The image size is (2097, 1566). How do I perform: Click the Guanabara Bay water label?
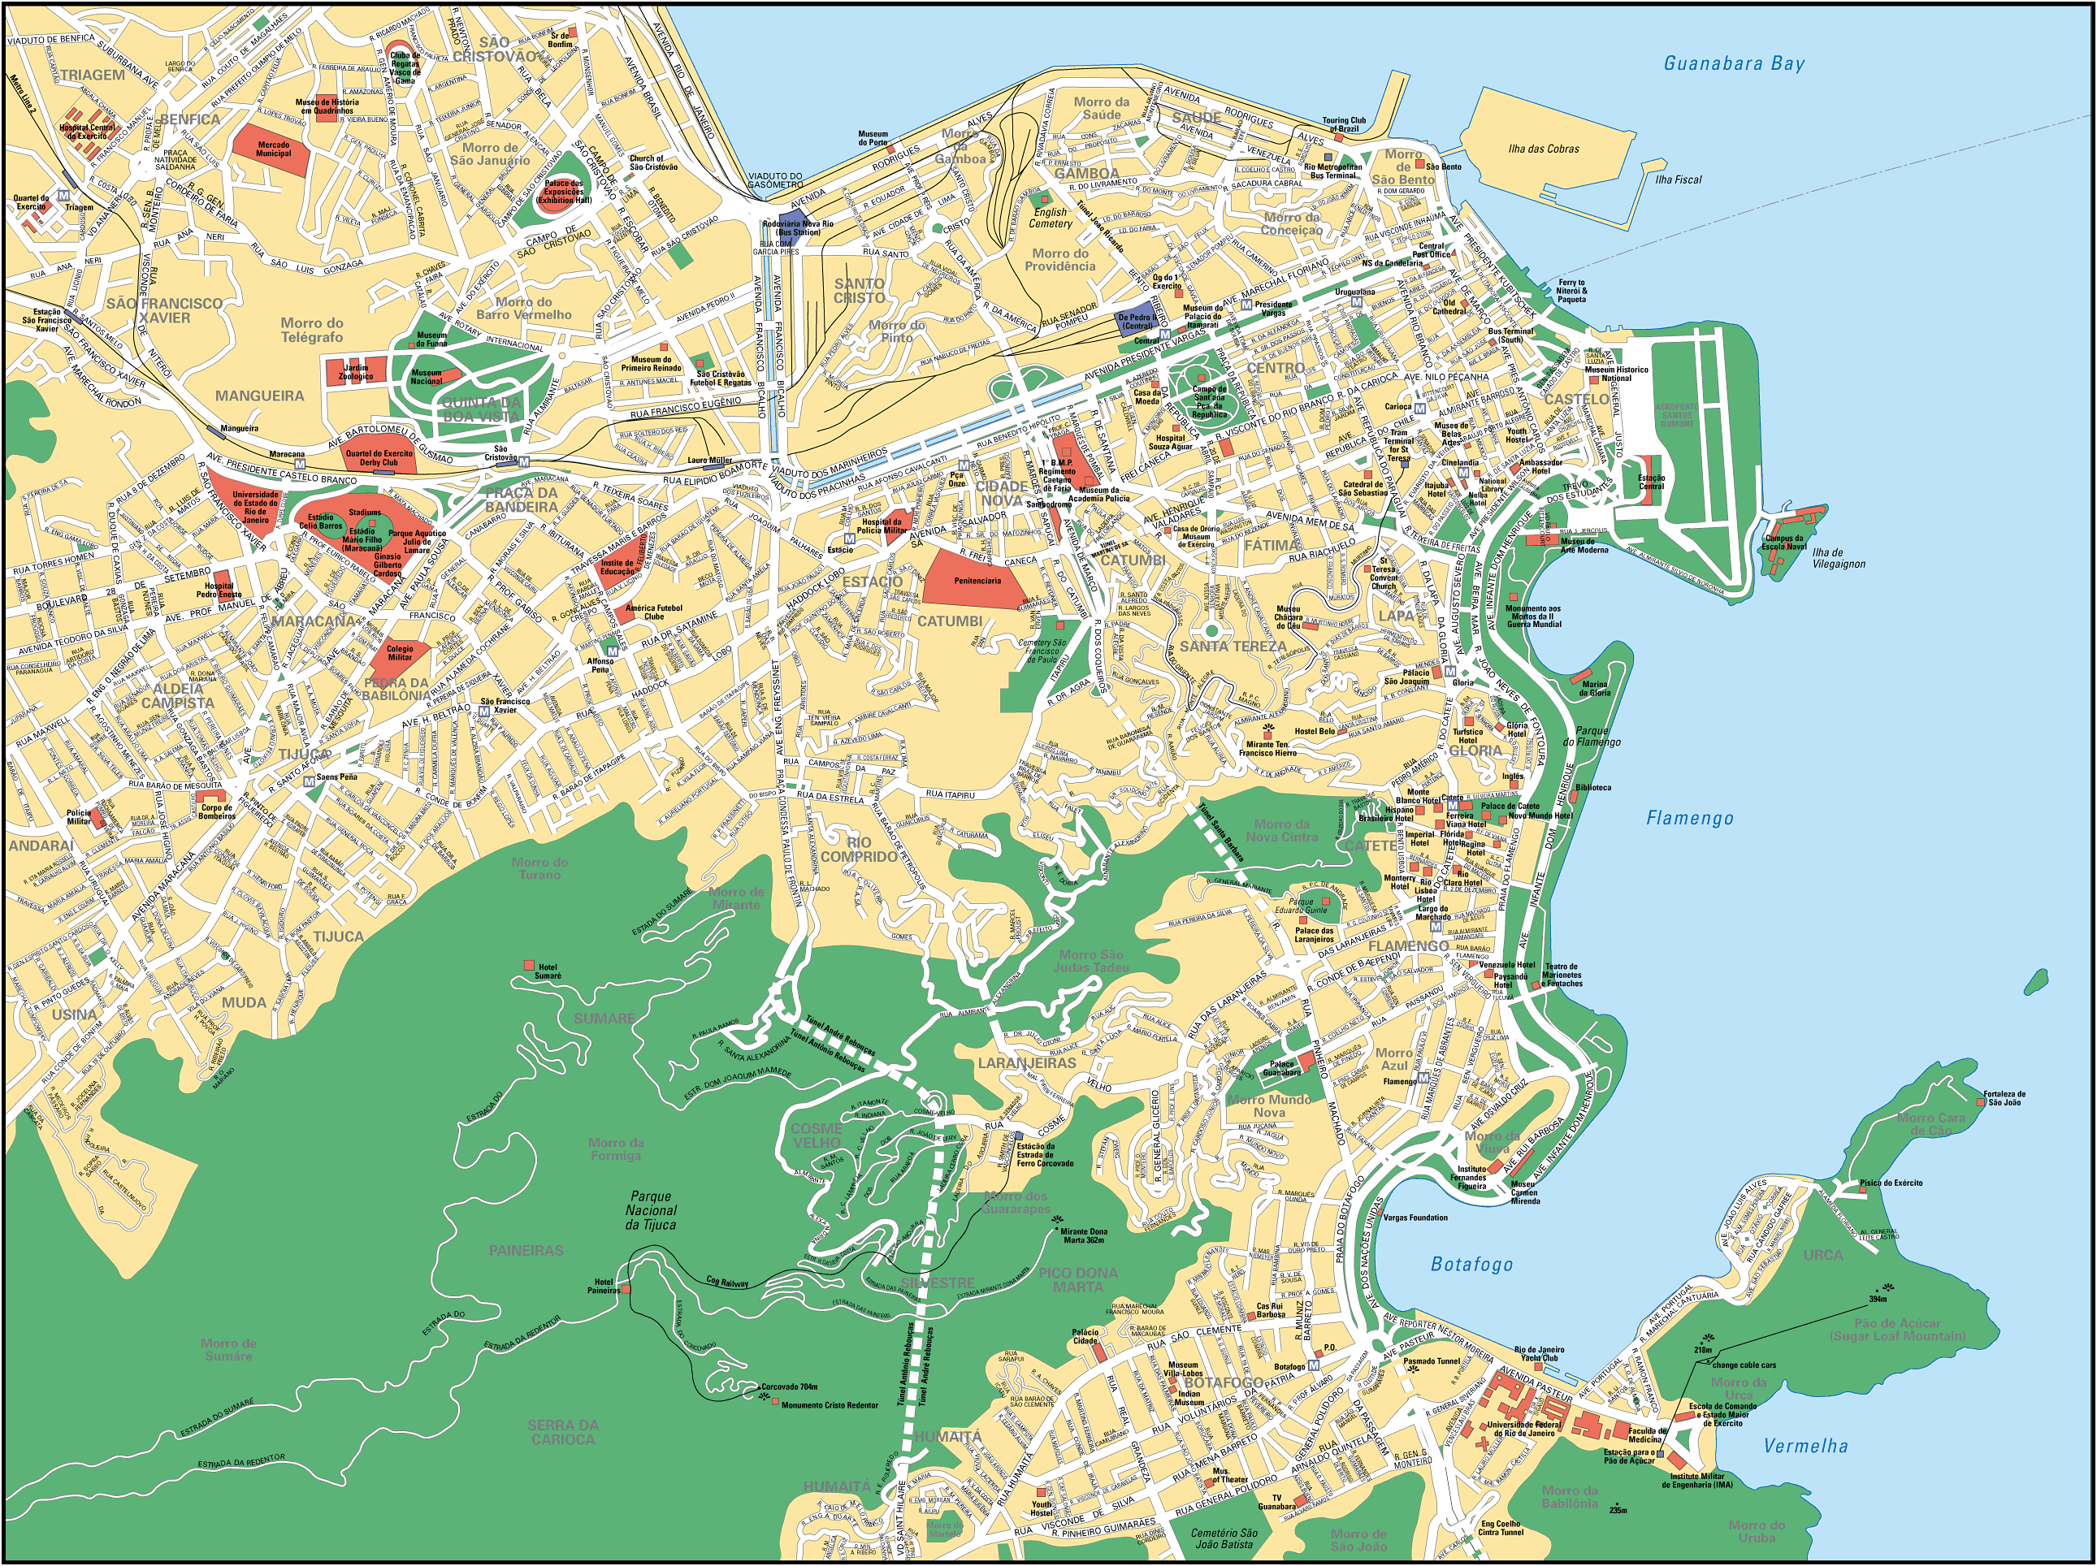(x=1734, y=63)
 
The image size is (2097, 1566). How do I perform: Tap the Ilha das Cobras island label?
(x=1544, y=149)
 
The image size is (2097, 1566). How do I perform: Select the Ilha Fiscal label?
(x=1678, y=180)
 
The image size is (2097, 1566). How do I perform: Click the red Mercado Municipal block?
(x=273, y=148)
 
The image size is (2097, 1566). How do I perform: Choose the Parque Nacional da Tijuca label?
(x=652, y=1210)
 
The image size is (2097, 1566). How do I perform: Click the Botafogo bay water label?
(x=1471, y=1264)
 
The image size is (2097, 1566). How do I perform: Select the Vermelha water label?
(x=1805, y=1446)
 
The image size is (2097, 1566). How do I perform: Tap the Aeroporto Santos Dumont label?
(x=1676, y=414)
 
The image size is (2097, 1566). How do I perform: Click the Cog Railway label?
(x=727, y=1282)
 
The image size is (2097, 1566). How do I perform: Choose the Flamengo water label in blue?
(x=1689, y=818)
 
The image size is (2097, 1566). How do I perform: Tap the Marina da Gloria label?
(x=1596, y=688)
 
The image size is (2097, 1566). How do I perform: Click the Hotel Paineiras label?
(x=603, y=1287)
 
